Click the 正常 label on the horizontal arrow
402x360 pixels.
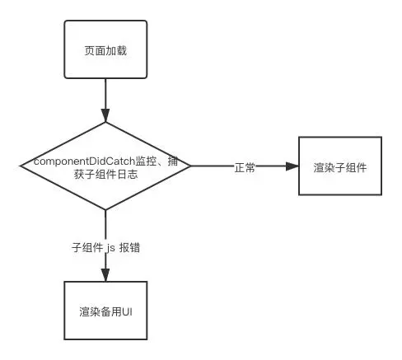pos(245,167)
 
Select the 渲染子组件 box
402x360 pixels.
pos(339,167)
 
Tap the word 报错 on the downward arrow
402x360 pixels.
pos(129,246)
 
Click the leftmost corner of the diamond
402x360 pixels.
pos(22,166)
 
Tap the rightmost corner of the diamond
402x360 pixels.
pos(190,166)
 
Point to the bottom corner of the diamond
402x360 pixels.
pos(105,210)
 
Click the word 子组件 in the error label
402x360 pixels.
pos(86,246)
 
